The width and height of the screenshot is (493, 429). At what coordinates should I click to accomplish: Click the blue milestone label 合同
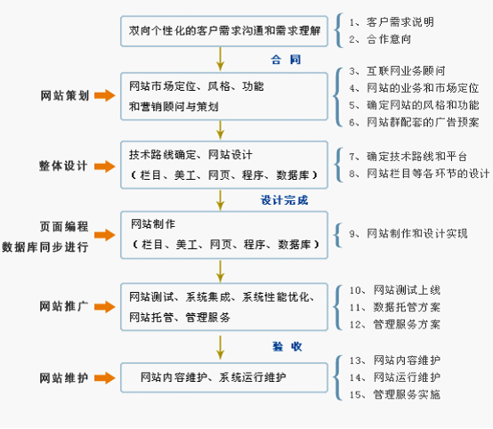286,60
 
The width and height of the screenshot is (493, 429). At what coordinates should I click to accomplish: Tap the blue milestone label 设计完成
284,200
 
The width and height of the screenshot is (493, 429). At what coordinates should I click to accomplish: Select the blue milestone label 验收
287,346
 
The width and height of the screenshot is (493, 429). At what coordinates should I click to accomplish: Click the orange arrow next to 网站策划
105,95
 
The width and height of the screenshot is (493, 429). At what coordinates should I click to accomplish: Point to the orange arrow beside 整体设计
105,166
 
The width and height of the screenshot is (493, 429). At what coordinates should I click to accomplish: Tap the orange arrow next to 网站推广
105,307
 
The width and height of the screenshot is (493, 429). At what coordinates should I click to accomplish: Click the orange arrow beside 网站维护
105,378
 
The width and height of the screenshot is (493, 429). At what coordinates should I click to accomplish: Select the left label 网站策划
65,95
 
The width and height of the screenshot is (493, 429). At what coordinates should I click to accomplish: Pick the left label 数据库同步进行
45,247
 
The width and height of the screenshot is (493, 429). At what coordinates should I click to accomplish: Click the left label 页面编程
64,226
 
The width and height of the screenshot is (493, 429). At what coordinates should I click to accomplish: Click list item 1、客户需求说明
392,22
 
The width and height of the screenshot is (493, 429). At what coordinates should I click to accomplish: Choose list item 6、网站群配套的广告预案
414,122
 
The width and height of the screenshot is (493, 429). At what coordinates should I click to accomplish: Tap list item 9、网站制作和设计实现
408,234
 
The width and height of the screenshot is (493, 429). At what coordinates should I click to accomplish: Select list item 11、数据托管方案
395,307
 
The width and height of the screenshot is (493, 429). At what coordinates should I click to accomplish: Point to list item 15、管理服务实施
395,394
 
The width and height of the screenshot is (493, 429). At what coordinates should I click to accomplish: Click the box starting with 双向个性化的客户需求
224,31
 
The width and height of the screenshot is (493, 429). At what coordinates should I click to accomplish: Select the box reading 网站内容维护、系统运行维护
224,377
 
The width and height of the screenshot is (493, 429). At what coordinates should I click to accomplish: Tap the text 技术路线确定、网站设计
190,155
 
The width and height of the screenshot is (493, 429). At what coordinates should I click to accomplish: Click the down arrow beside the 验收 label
221,347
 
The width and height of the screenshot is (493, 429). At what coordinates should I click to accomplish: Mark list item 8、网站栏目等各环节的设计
419,174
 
